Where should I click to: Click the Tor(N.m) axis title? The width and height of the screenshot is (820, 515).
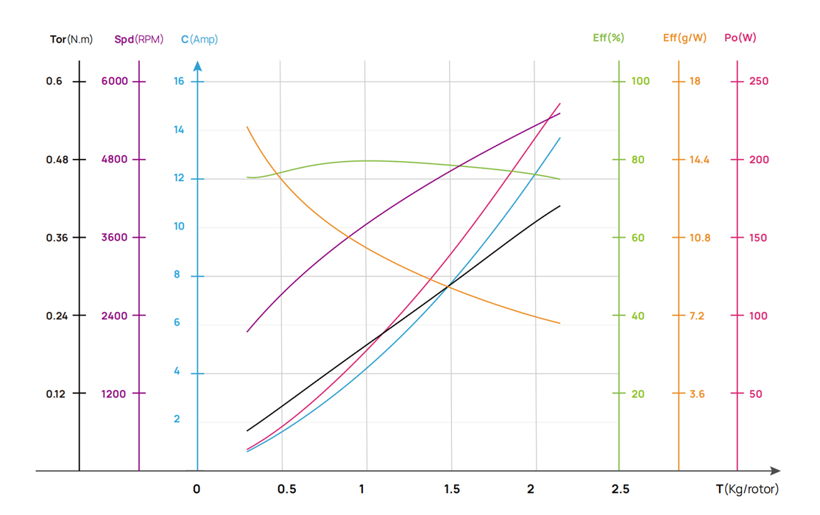pos(71,39)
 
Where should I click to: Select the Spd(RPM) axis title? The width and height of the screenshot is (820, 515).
pos(139,39)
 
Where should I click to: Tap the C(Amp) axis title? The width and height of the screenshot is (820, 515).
pos(199,39)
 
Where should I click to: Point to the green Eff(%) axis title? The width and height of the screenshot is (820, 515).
pos(608,38)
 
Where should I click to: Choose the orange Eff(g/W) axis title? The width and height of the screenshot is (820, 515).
pos(685,38)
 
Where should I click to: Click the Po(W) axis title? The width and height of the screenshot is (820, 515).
pos(741,38)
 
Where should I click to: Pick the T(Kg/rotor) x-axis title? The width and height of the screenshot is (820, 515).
pos(746,489)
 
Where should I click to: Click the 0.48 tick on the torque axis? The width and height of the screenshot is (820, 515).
pos(56,160)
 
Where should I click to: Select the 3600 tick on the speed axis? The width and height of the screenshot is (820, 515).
pos(115,238)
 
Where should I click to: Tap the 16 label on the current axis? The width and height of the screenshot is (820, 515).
pos(179,81)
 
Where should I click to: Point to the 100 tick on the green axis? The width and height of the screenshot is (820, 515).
pos(640,81)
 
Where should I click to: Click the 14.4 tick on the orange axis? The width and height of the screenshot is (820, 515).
pos(699,160)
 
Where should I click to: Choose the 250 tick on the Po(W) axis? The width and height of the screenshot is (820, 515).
pos(758,81)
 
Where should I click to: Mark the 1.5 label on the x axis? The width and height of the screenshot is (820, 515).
pos(452,489)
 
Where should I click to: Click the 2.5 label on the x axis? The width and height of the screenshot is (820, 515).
pos(621,489)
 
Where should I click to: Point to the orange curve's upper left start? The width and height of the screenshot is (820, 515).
pos(247,127)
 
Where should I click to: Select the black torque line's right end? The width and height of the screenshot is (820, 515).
pos(560,206)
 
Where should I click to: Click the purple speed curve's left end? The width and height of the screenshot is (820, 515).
pos(247,332)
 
